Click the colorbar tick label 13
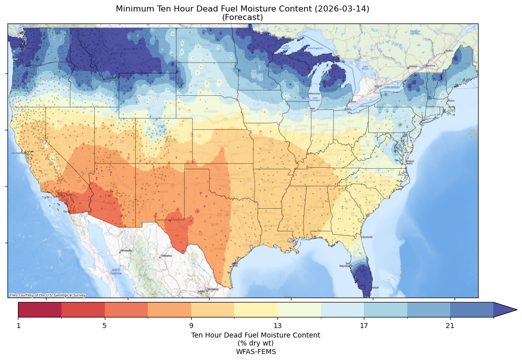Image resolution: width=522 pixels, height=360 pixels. coord(277,326)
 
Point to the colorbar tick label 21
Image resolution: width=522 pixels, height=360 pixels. coord(450,326)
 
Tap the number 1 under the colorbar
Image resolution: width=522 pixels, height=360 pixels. coord(18,326)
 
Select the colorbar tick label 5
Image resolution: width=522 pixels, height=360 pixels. coord(104,326)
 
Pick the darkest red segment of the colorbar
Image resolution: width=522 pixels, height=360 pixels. coord(40,310)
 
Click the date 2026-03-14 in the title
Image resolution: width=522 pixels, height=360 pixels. coord(343,9)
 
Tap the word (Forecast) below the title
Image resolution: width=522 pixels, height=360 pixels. coord(243,17)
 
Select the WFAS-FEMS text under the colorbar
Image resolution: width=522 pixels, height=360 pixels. coord(256,352)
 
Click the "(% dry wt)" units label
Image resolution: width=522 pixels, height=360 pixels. coord(256,343)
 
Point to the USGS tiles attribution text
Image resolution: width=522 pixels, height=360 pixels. coord(47,295)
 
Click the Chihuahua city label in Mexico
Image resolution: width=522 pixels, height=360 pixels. coord(166,256)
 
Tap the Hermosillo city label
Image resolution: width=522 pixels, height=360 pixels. coord(126,251)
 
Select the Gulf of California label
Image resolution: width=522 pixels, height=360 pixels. coord(115,272)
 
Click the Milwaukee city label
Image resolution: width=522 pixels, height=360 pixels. coord(314,93)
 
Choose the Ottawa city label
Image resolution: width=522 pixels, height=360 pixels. coord(413,66)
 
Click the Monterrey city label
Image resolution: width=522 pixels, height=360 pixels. coord(213,289)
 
